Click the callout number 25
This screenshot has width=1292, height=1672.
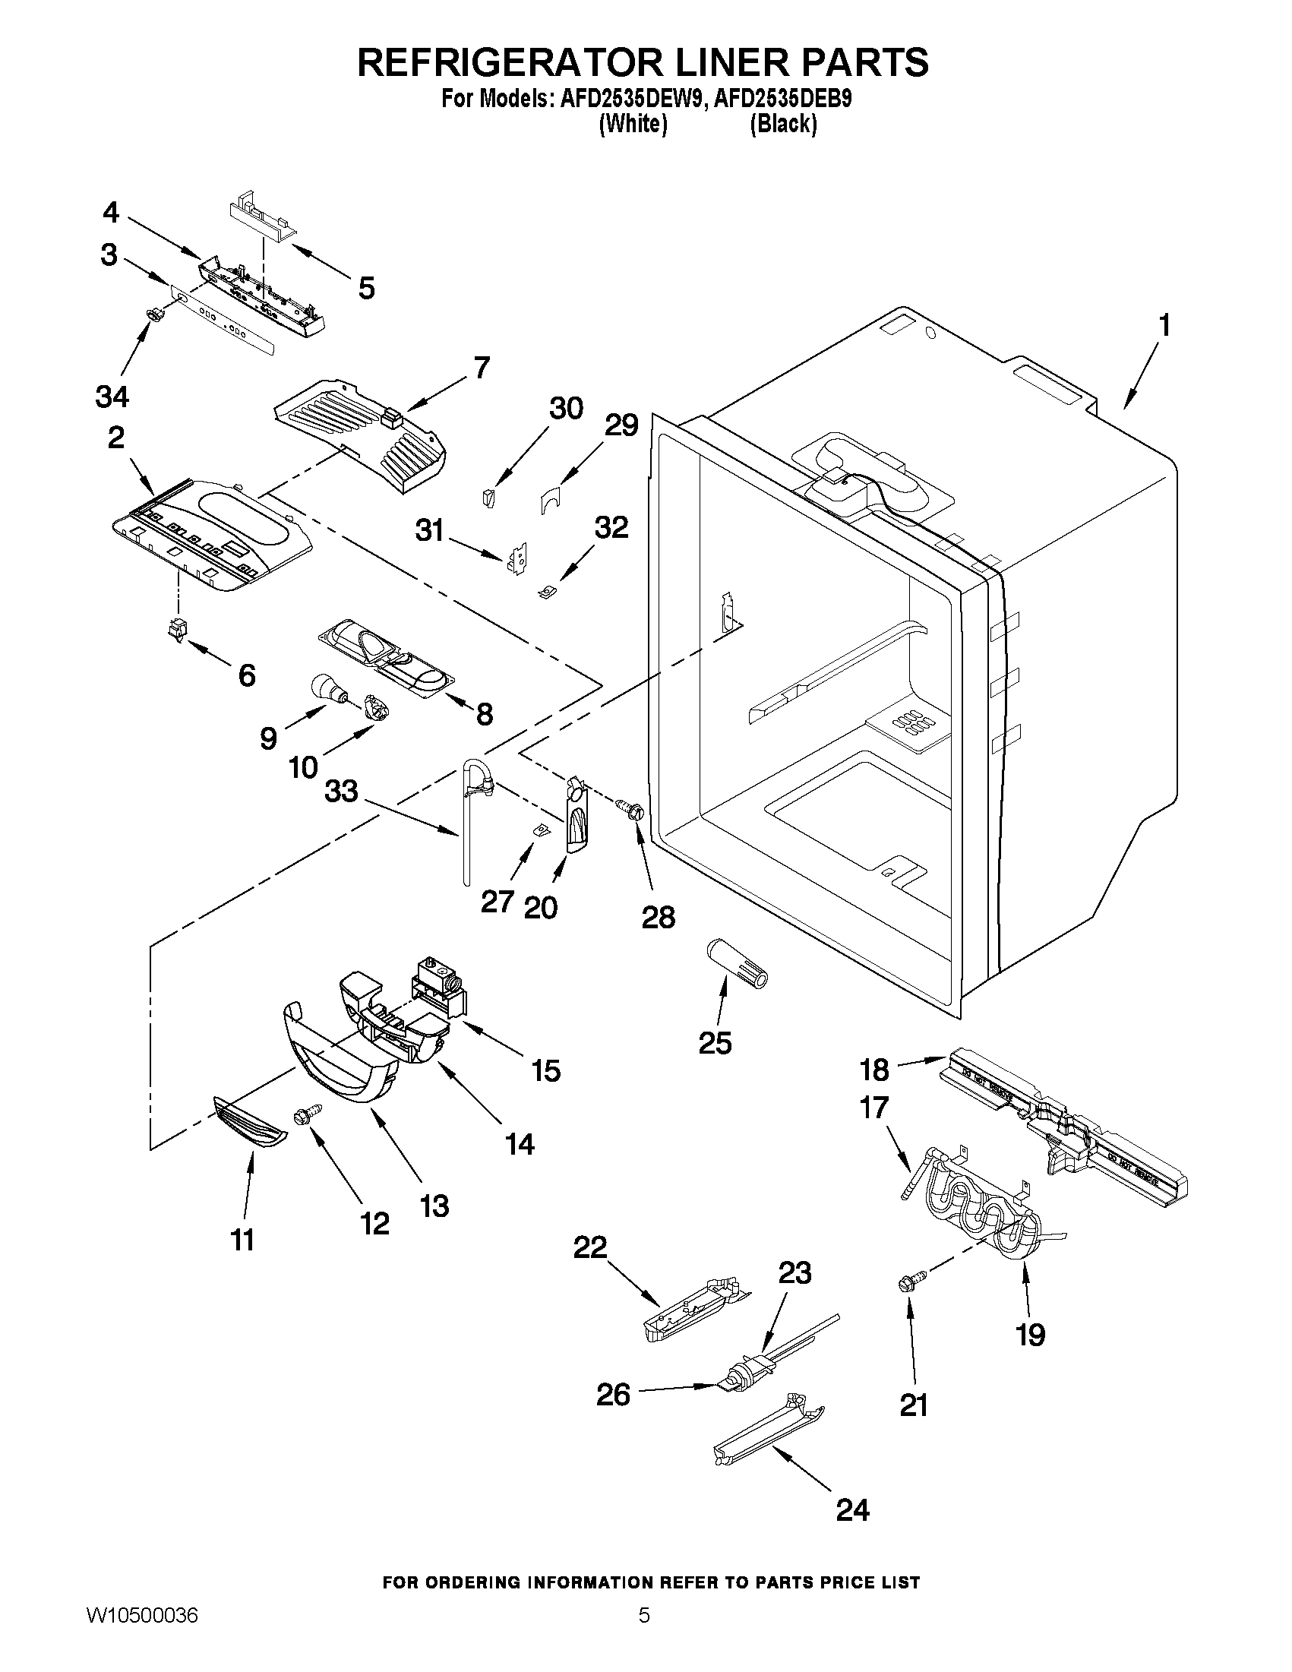pyautogui.click(x=715, y=1043)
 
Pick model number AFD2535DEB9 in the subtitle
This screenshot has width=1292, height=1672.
pyautogui.click(x=782, y=100)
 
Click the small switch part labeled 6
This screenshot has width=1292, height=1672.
pyautogui.click(x=177, y=629)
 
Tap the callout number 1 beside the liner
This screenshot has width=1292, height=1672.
pyautogui.click(x=1164, y=326)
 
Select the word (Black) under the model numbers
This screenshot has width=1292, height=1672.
pyautogui.click(x=783, y=124)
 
